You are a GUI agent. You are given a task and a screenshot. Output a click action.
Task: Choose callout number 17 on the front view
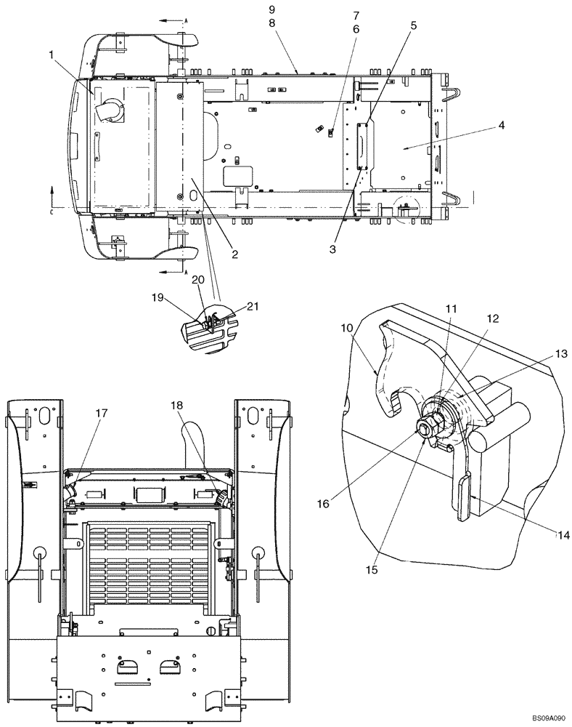(101, 413)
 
